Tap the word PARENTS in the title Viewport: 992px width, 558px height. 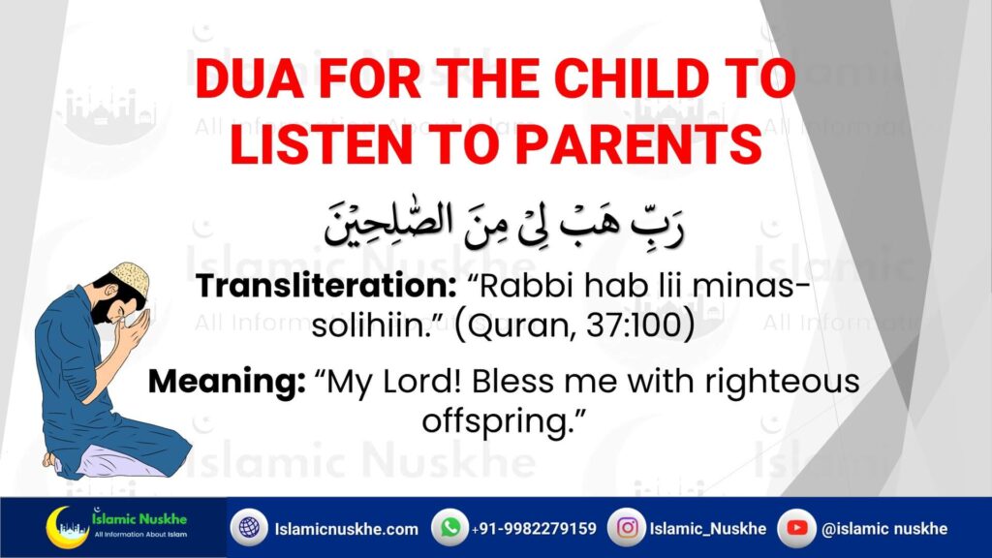[x=639, y=144]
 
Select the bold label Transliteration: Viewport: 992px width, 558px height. [x=325, y=286]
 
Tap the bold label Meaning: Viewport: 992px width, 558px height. [x=227, y=382]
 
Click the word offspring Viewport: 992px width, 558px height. [x=497, y=421]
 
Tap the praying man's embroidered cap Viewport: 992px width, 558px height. [x=131, y=277]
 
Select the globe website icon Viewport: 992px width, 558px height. [x=249, y=528]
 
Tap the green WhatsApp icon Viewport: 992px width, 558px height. [x=450, y=528]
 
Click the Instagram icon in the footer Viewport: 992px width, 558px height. [x=627, y=528]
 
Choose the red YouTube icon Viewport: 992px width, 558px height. [x=796, y=528]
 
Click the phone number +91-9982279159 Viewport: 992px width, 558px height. [x=534, y=528]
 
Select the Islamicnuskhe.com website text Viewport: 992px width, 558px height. [x=346, y=529]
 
